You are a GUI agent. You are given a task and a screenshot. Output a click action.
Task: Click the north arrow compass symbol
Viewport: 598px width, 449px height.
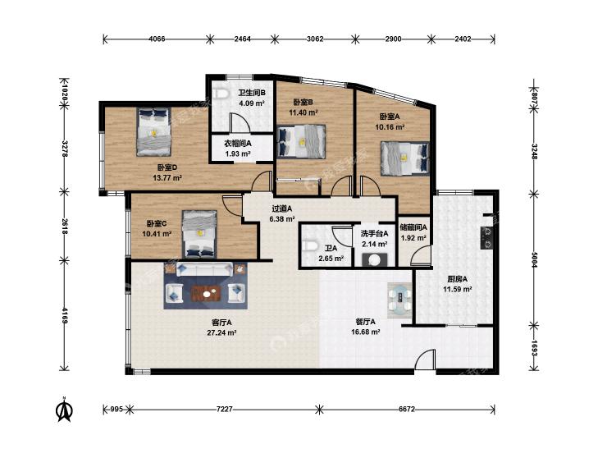click(x=65, y=410)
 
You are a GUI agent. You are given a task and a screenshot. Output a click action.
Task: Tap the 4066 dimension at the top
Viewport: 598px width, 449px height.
click(x=157, y=39)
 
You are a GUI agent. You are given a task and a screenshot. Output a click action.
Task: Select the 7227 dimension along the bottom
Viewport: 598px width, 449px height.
click(x=224, y=410)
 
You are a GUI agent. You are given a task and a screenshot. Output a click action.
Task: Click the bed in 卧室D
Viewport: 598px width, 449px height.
click(x=153, y=131)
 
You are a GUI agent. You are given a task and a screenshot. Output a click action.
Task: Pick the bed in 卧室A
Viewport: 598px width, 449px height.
click(x=405, y=158)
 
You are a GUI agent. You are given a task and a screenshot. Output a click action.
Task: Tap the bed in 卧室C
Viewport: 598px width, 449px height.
click(x=199, y=234)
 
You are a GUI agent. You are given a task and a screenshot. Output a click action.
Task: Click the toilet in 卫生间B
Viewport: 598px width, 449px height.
click(x=221, y=94)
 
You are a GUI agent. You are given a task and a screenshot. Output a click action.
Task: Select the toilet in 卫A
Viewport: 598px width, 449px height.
click(x=310, y=245)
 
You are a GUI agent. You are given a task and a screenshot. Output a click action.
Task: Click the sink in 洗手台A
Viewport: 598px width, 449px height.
click(x=375, y=259)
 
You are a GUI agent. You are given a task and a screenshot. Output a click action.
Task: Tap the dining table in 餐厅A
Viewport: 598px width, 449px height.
click(x=399, y=300)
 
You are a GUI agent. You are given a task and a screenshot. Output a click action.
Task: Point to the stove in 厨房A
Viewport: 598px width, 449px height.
click(x=486, y=238)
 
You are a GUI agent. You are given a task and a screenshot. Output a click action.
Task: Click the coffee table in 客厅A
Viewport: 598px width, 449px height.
click(x=206, y=293)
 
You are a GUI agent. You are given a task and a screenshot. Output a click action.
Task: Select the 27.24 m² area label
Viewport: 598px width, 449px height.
click(x=222, y=332)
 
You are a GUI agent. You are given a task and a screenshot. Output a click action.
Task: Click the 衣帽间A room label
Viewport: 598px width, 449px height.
click(x=237, y=144)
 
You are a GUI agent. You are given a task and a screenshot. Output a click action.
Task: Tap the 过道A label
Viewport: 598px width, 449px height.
click(x=282, y=208)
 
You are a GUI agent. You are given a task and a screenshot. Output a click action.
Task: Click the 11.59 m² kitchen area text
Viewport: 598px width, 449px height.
click(x=458, y=289)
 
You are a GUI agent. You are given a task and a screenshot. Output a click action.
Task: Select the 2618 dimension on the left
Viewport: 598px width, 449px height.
click(x=65, y=227)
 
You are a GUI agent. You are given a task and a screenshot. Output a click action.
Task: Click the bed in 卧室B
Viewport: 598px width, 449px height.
click(x=302, y=141)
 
